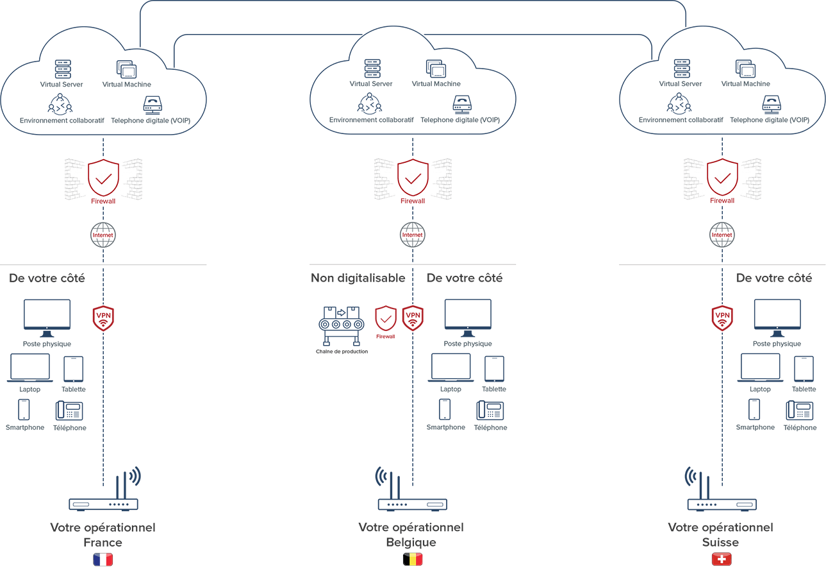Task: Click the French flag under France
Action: coord(103,559)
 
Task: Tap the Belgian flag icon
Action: coord(412,559)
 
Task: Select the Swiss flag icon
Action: coord(722,559)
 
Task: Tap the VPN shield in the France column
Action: coord(103,317)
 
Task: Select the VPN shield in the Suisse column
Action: coord(722,317)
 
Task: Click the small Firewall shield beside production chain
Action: coord(385,318)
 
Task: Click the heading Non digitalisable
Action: coord(358,278)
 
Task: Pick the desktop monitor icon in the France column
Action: coord(47,317)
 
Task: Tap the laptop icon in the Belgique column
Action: coord(450,368)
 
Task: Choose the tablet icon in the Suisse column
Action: coord(804,369)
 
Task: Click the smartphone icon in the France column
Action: coord(24,410)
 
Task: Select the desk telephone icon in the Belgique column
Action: coord(490,410)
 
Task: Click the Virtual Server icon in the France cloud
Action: coord(62,69)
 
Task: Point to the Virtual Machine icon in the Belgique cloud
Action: coord(436,69)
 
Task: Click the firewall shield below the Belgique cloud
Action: coord(412,178)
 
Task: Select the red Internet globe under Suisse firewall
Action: coord(722,235)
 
